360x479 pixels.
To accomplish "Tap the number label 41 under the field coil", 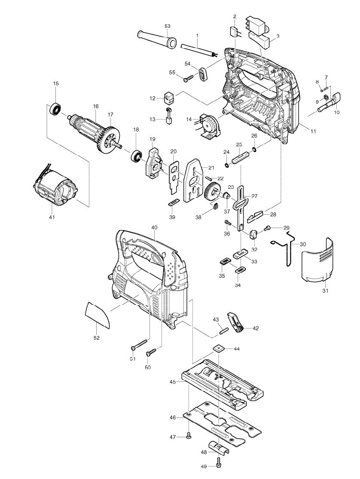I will click(x=52, y=217).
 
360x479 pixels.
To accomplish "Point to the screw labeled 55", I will click(x=188, y=79).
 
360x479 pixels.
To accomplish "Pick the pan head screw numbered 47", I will click(x=189, y=437).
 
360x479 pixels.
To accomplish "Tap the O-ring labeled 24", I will click(x=226, y=165).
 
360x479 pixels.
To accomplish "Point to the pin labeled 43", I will click(x=224, y=330).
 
